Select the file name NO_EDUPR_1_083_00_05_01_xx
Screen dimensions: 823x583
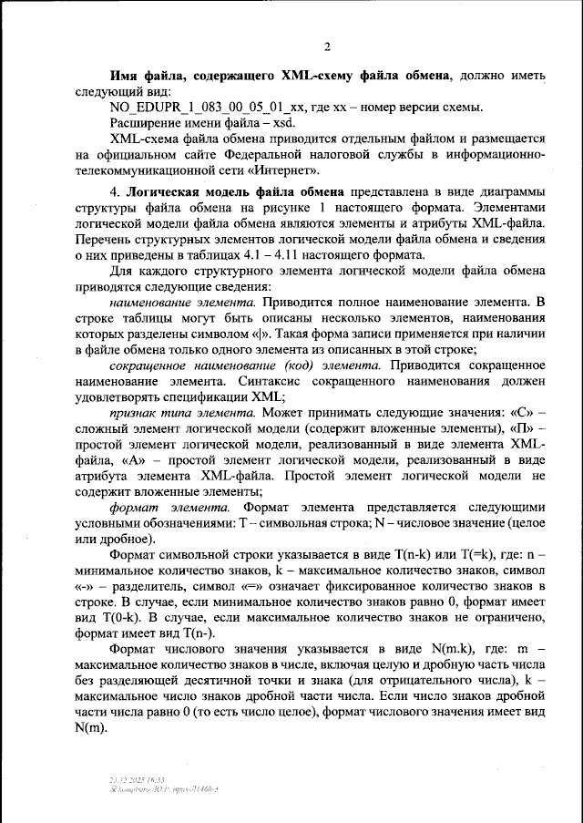206,108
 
